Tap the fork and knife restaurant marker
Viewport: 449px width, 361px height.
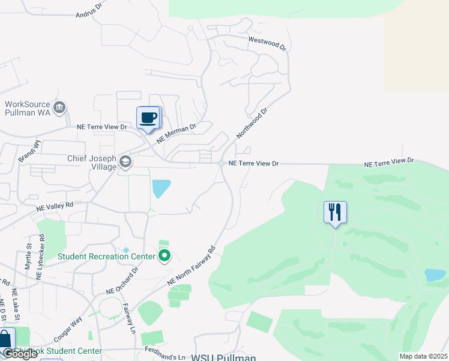tap(335, 212)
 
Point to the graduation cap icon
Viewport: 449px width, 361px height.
tap(125, 161)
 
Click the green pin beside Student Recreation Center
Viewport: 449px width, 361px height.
tap(164, 257)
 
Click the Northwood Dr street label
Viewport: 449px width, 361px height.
tap(252, 122)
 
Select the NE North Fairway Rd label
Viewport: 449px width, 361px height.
tap(191, 265)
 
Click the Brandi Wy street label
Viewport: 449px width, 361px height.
tap(29, 152)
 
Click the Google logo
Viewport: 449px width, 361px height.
tap(20, 354)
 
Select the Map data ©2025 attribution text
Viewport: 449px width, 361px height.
tap(423, 356)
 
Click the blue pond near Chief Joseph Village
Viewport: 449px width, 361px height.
tap(160, 188)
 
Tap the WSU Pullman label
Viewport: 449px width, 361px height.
tap(223, 357)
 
